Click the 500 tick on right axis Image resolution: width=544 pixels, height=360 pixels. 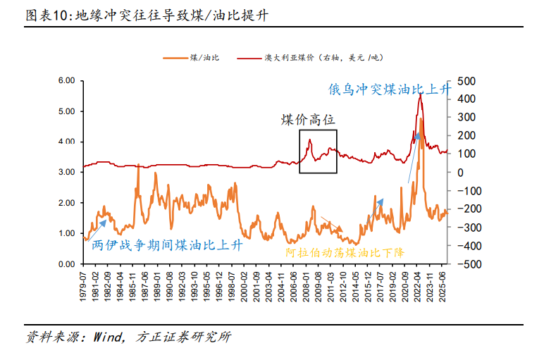pos(466,81)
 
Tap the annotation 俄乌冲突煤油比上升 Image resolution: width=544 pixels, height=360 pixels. pos(390,89)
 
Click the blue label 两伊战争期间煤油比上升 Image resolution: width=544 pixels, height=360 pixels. pos(168,245)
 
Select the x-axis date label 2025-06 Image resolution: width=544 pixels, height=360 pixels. pos(443,285)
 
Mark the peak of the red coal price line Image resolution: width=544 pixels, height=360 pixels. pos(420,94)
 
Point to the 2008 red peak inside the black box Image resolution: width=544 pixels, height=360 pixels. pos(309,140)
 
